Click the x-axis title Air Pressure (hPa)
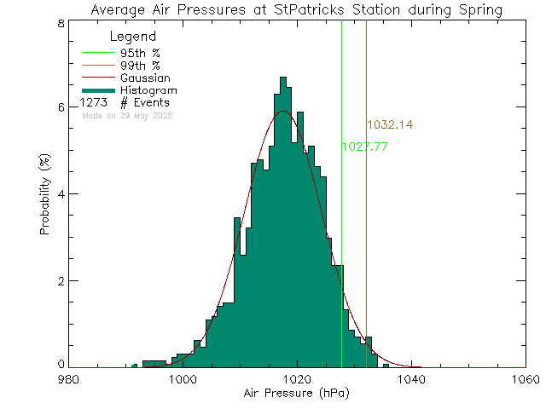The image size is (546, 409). [296, 394]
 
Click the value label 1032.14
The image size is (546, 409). [390, 124]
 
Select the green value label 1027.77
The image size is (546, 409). [365, 147]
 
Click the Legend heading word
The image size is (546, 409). [134, 37]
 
